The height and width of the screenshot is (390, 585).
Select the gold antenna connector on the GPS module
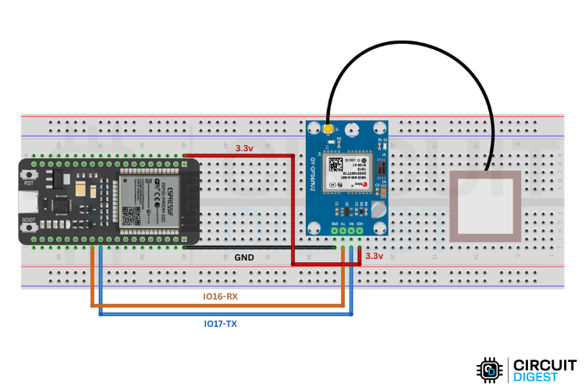[330, 128]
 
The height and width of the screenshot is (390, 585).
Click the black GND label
[244, 256]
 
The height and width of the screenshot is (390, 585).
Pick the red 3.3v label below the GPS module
[374, 256]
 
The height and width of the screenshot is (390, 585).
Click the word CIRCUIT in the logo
[541, 363]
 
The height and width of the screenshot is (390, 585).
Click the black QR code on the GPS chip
[336, 165]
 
